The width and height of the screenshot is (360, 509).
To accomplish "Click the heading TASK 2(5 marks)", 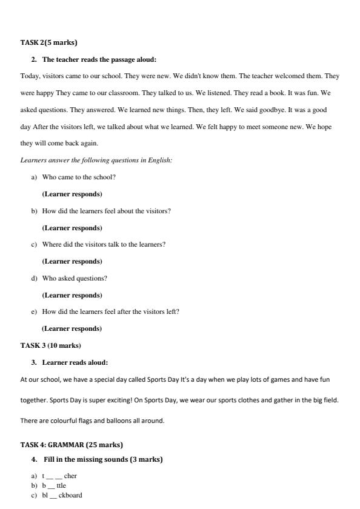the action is pos(49,42).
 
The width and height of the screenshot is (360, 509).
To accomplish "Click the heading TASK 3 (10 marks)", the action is pos(51,345).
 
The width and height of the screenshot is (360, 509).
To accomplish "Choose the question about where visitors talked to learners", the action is pos(104,244).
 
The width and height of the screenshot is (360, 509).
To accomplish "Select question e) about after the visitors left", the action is pos(110,311).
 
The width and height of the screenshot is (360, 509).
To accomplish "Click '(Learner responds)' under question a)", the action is pos(72,194).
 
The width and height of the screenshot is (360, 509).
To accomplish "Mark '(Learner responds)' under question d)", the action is pos(72,295).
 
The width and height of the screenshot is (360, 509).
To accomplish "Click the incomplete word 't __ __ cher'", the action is pos(64,476).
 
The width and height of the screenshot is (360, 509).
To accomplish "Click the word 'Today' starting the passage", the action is pos(29,76).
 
